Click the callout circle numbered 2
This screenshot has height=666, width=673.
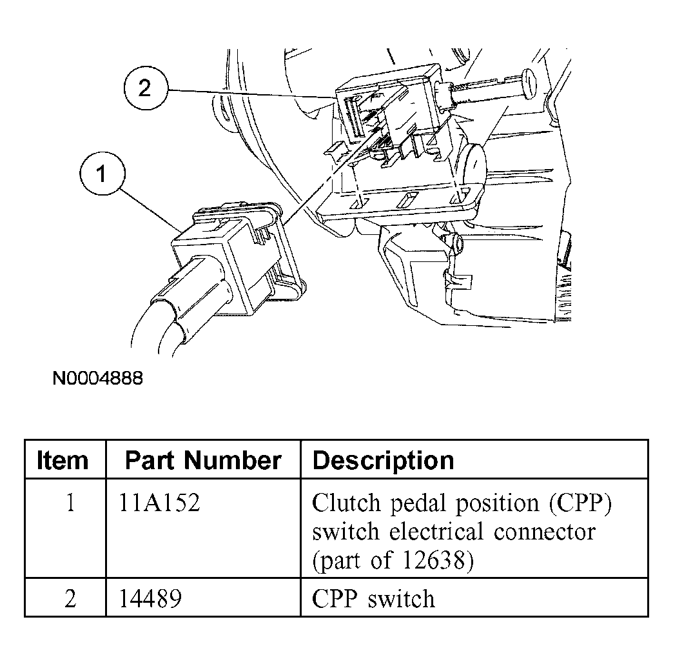pos(144,88)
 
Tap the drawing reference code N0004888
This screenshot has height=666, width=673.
pos(97,378)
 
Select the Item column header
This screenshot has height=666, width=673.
pos(63,460)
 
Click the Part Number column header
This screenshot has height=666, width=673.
pos(202,460)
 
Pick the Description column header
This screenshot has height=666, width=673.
pos(383,460)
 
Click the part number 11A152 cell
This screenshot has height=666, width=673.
pos(159,503)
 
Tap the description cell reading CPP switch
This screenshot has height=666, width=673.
pos(373,598)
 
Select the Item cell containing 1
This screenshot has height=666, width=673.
pos(70,503)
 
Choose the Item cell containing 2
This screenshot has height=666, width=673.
pos(70,598)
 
